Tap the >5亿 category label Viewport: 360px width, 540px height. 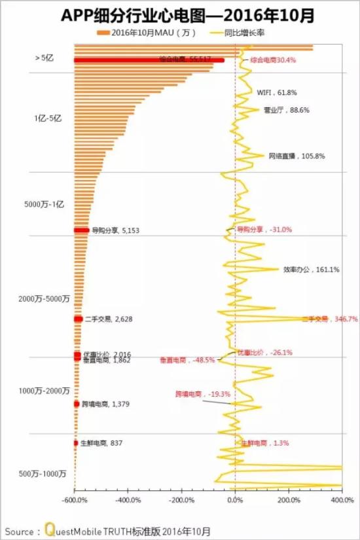click(x=44, y=58)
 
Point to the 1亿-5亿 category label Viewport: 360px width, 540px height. click(x=47, y=118)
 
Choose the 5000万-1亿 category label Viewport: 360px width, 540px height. click(x=44, y=205)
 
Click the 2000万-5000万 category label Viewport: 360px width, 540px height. click(x=44, y=299)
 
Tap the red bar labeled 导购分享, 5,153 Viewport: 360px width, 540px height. click(x=81, y=230)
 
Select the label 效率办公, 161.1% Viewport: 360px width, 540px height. click(x=311, y=269)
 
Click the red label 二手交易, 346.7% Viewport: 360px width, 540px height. click(x=329, y=319)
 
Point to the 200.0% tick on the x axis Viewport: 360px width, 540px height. click(x=289, y=500)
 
